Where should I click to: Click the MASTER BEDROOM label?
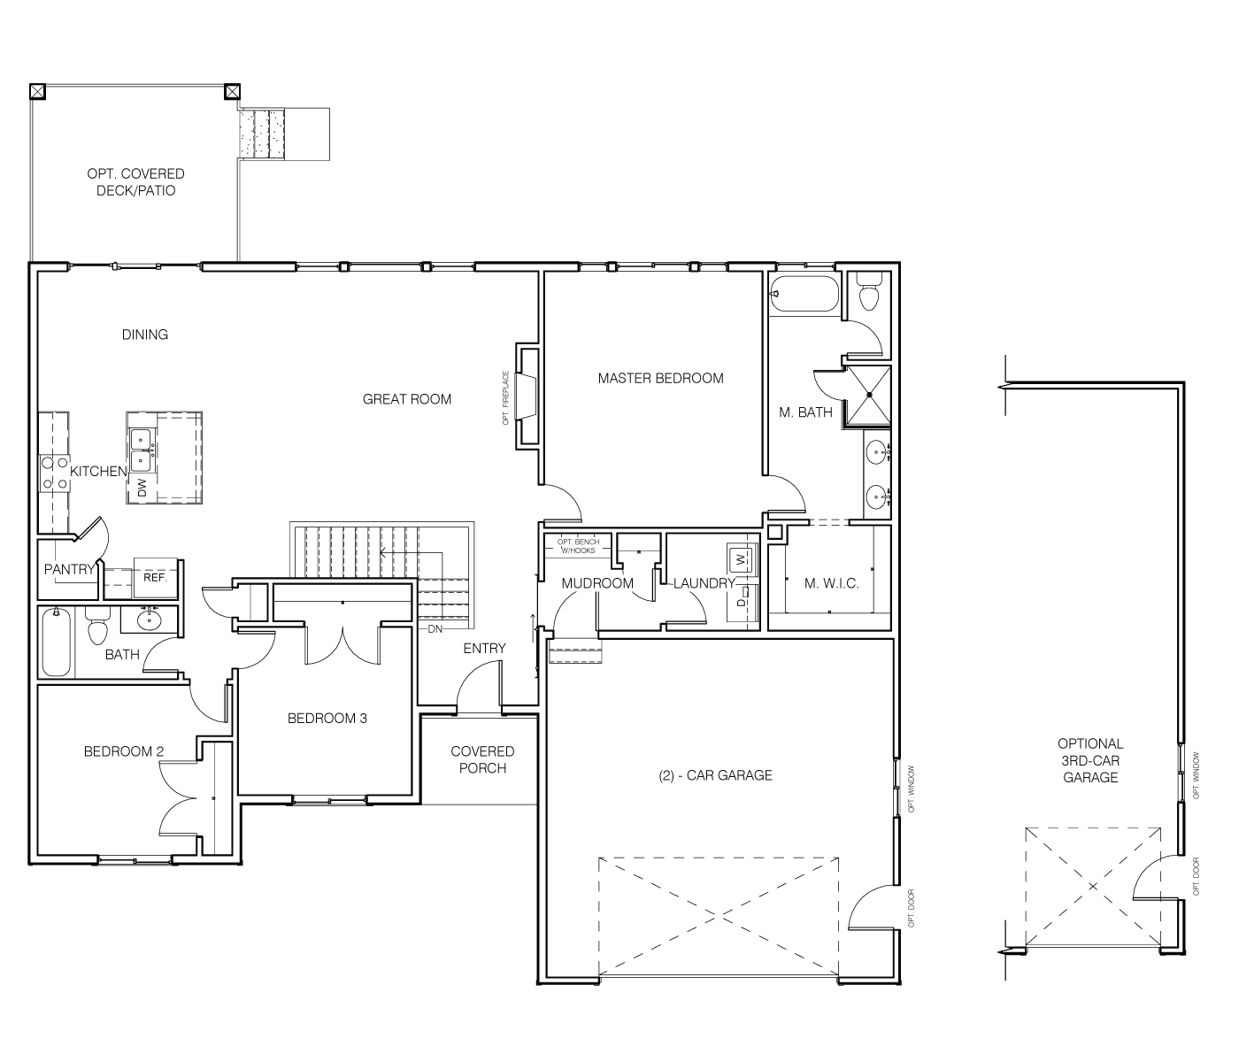tap(660, 378)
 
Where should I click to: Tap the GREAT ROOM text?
tap(407, 399)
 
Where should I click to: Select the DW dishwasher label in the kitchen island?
tap(142, 488)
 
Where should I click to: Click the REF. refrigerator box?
tap(155, 577)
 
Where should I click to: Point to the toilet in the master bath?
tap(868, 291)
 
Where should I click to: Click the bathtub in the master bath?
tap(804, 294)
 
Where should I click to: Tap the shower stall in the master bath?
tap(867, 395)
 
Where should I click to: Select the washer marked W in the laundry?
tap(742, 559)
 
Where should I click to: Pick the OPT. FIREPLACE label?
tap(505, 398)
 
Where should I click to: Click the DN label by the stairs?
tap(435, 629)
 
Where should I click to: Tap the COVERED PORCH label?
tap(482, 759)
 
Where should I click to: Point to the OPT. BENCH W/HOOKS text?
tap(578, 546)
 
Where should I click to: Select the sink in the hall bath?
tap(149, 619)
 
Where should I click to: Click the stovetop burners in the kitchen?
tap(54, 473)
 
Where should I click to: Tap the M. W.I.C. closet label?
tap(831, 583)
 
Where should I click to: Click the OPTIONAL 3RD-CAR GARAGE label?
tap(1090, 760)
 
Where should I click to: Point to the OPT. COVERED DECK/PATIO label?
tap(136, 182)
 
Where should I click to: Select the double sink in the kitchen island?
tap(142, 450)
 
